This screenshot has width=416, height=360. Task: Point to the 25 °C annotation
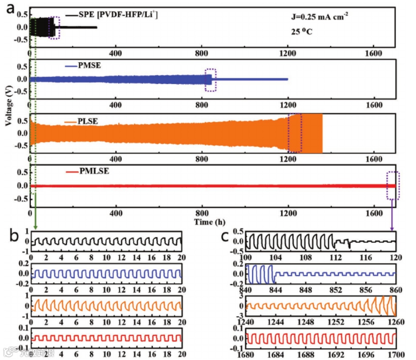[x=302, y=31]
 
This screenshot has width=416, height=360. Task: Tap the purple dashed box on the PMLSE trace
[x=393, y=185]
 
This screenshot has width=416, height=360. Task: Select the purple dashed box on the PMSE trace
[x=211, y=80]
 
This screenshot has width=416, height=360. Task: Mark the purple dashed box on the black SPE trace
[x=54, y=27]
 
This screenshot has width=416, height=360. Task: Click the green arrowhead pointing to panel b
[x=35, y=227]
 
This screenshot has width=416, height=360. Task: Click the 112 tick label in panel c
[x=336, y=257]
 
